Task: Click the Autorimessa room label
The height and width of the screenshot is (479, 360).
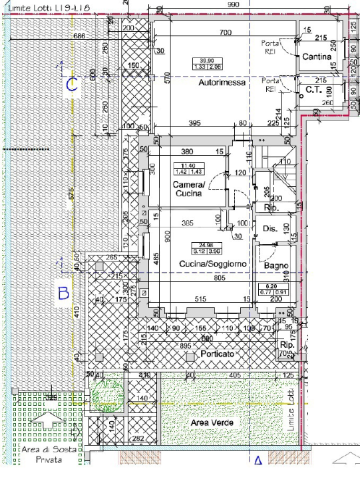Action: (x=222, y=83)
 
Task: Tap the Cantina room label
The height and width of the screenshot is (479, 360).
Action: (x=317, y=57)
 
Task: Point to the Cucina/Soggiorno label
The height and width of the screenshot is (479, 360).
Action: (x=213, y=264)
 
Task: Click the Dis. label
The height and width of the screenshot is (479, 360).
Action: (x=270, y=228)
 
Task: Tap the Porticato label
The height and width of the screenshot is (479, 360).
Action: (x=218, y=355)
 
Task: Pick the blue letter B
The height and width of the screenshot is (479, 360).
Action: (x=63, y=293)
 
